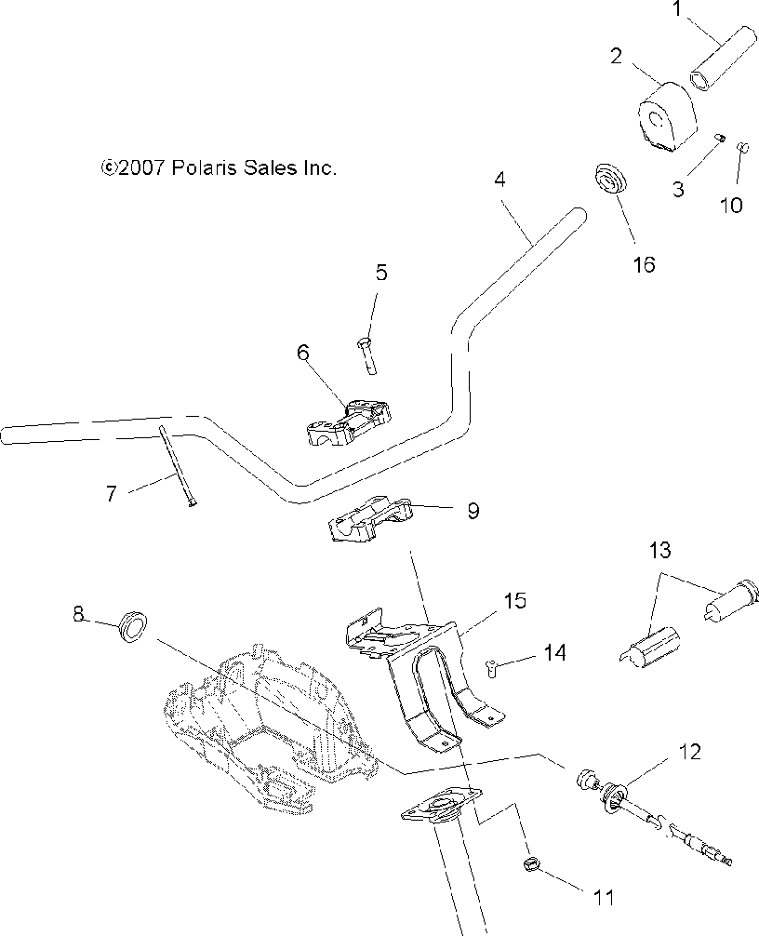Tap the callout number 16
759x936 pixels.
(643, 264)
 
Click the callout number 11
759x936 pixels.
(605, 898)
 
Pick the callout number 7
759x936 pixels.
(111, 494)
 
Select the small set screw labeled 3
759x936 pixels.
(720, 139)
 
